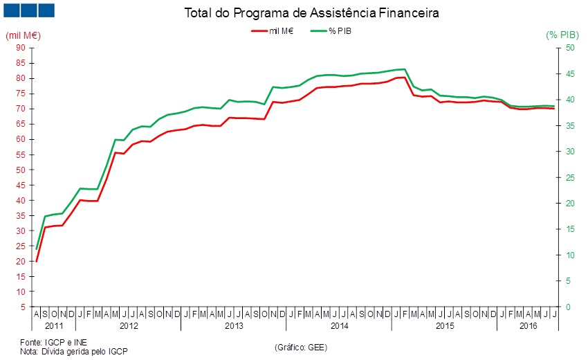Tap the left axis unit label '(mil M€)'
pos(21,35)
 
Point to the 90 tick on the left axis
pos(20,48)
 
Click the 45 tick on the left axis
pos(20,185)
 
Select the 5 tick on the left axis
pos(22,307)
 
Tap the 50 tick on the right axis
pos(569,48)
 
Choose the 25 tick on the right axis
pos(569,177)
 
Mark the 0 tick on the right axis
pos(567,307)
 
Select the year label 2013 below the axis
pos(234,325)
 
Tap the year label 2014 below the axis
pos(339,325)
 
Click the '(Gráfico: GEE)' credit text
pos(302,347)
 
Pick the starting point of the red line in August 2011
pos(36,261)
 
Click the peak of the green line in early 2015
pos(404,69)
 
